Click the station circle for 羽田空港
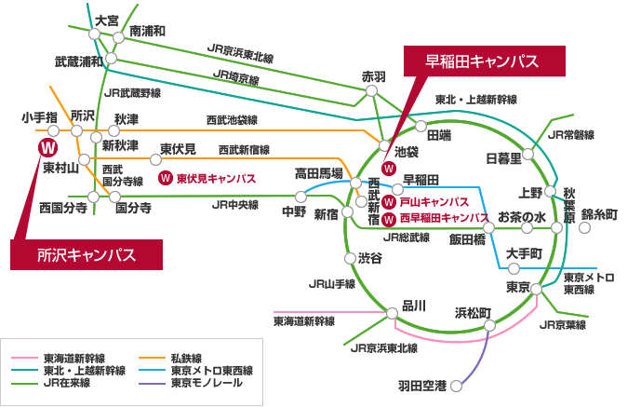pyautogui.click(x=456, y=386)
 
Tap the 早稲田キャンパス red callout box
pyautogui.click(x=485, y=61)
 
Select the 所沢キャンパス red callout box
pyautogui.click(x=87, y=255)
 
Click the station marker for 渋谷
pyautogui.click(x=350, y=259)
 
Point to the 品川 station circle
pyautogui.click(x=392, y=314)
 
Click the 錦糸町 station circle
pyautogui.click(x=585, y=227)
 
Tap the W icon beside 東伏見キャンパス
pyautogui.click(x=166, y=179)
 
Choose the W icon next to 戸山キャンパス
pyautogui.click(x=388, y=202)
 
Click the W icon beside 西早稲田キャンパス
pyautogui.click(x=388, y=219)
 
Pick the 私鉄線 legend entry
pyautogui.click(x=170, y=359)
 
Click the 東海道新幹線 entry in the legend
pyautogui.click(x=59, y=359)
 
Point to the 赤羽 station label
pyautogui.click(x=374, y=76)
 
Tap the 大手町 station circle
pyautogui.click(x=514, y=268)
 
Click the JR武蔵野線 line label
pyautogui.click(x=132, y=93)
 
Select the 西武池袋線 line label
pyautogui.click(x=232, y=120)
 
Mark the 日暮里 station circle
pyautogui.click(x=527, y=154)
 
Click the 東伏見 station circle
pyautogui.click(x=155, y=159)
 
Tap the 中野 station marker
pyautogui.click(x=300, y=197)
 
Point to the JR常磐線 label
pyautogui.click(x=570, y=135)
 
